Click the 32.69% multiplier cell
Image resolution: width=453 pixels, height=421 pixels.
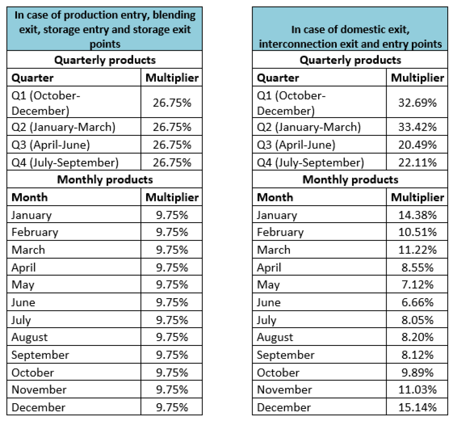(x=417, y=102)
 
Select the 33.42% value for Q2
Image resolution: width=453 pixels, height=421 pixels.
(x=417, y=127)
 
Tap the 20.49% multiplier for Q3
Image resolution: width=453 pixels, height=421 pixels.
(x=417, y=145)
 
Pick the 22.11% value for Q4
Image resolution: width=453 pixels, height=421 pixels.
(x=417, y=163)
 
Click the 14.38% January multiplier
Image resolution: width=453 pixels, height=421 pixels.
(x=417, y=215)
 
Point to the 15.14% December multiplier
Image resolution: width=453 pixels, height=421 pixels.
(x=417, y=407)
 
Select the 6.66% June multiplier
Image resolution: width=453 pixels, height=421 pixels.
(x=417, y=302)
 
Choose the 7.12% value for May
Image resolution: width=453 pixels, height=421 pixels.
(x=417, y=285)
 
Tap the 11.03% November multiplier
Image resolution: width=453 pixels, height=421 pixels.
(x=417, y=390)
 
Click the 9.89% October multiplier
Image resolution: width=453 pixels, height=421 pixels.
(x=417, y=373)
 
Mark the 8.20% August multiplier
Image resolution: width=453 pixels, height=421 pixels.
(x=417, y=337)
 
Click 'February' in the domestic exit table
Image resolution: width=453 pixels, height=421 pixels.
(x=280, y=232)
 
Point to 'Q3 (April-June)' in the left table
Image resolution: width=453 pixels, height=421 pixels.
(x=51, y=145)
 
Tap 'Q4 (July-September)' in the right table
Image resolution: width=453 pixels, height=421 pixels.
(x=310, y=163)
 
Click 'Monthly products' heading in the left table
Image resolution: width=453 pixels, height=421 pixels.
(x=105, y=180)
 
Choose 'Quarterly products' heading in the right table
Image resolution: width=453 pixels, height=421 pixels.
(x=350, y=60)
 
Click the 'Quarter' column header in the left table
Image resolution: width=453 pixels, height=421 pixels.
(x=32, y=78)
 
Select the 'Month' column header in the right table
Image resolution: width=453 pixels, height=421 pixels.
(x=275, y=197)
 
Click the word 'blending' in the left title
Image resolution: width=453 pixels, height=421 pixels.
(x=174, y=15)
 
